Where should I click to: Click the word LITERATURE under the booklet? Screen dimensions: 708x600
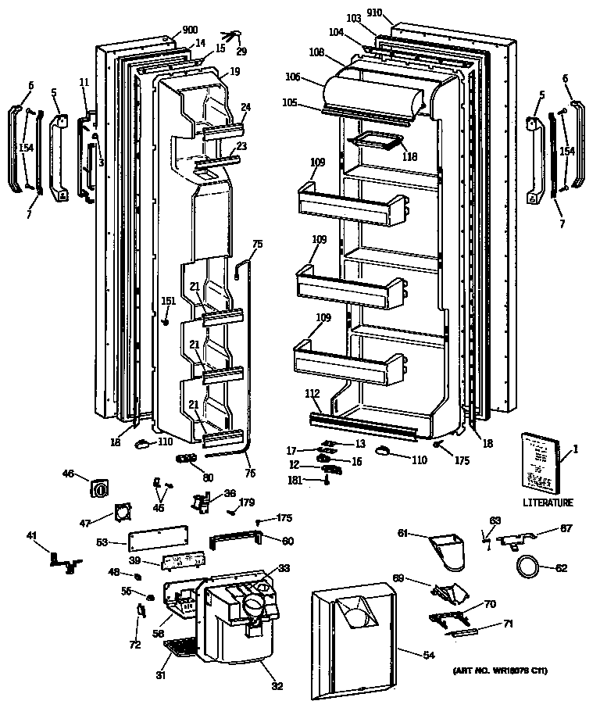coord(548,502)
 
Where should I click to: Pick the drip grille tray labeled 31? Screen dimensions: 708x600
coord(179,645)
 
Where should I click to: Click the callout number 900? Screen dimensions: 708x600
coord(190,30)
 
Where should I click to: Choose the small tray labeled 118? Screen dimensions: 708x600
coord(376,141)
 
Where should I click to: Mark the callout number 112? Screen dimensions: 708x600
coord(312,395)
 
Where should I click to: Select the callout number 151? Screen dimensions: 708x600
coord(168,301)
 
